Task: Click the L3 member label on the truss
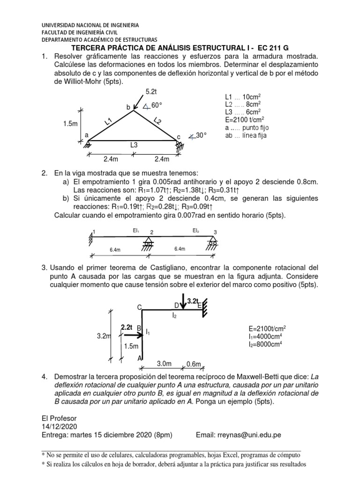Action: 135,145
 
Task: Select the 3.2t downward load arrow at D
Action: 184,303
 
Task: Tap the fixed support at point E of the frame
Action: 204,309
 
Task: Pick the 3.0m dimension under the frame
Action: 163,364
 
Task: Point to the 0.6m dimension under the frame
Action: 194,364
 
